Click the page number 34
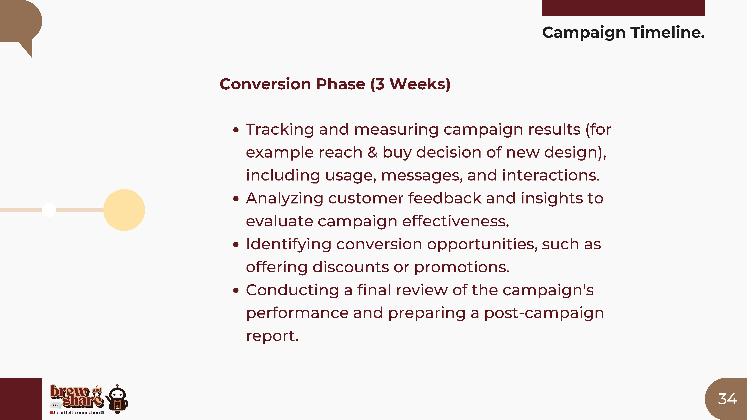pyautogui.click(x=727, y=399)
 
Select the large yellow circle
pyautogui.click(x=124, y=210)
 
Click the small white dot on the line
pyautogui.click(x=49, y=210)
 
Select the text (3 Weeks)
pyautogui.click(x=410, y=84)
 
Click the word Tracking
pyautogui.click(x=280, y=130)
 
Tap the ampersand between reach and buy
pyautogui.click(x=372, y=153)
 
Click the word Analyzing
pyautogui.click(x=284, y=199)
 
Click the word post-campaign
pyautogui.click(x=544, y=314)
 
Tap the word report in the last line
pyautogui.click(x=272, y=336)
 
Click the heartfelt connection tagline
pyautogui.click(x=77, y=413)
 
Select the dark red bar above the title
pyautogui.click(x=624, y=8)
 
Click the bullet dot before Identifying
pyautogui.click(x=236, y=245)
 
